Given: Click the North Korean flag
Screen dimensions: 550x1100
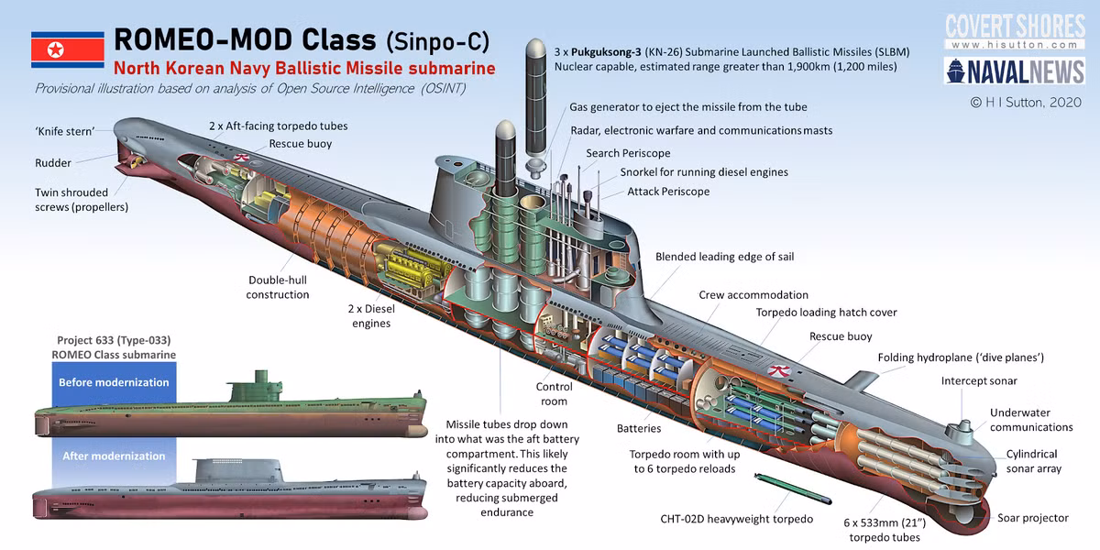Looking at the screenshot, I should click(x=67, y=49).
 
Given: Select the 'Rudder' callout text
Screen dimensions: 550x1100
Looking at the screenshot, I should click(x=53, y=162).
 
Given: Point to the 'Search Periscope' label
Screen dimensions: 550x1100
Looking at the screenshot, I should click(x=628, y=153).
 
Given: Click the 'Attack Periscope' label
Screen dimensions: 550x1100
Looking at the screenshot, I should click(x=668, y=192).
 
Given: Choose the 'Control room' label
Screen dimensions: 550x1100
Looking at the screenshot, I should click(x=554, y=394).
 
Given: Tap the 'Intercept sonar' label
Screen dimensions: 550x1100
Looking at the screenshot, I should click(x=979, y=380).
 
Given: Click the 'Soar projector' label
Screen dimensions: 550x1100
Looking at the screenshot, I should click(x=1032, y=518).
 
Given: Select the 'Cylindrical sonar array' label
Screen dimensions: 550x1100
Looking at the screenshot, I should click(x=1033, y=461).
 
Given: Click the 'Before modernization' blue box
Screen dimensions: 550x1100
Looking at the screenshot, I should click(x=114, y=382).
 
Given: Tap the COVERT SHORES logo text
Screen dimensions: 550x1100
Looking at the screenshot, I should click(x=1014, y=25).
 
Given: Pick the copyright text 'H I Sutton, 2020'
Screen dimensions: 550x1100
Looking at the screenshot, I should click(x=1026, y=104).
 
